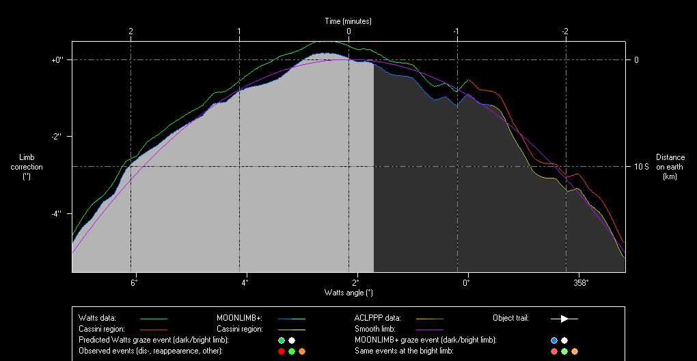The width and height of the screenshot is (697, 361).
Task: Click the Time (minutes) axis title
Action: tap(348, 21)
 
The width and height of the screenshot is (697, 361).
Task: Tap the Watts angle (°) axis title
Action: tap(348, 293)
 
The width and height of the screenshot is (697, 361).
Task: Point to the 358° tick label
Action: tap(580, 282)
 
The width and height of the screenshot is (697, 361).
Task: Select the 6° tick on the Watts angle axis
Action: tap(134, 282)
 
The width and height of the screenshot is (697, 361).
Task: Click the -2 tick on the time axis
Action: tap(565, 31)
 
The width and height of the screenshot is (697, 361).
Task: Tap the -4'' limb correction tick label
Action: tap(57, 214)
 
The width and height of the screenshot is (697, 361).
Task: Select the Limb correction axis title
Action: tap(27, 167)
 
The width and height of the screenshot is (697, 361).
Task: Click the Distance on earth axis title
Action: tap(670, 167)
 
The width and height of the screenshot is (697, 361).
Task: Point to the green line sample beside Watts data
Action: tap(153, 319)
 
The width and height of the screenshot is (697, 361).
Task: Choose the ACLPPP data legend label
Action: tap(377, 318)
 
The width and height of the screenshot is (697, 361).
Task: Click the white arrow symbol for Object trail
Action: tap(564, 319)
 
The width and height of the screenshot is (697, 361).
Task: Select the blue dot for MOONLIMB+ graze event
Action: tap(554, 340)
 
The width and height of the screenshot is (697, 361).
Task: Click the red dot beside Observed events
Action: tap(281, 351)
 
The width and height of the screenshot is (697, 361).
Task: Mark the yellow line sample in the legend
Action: tap(291, 330)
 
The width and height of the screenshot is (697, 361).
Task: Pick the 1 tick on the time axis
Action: tap(239, 31)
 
